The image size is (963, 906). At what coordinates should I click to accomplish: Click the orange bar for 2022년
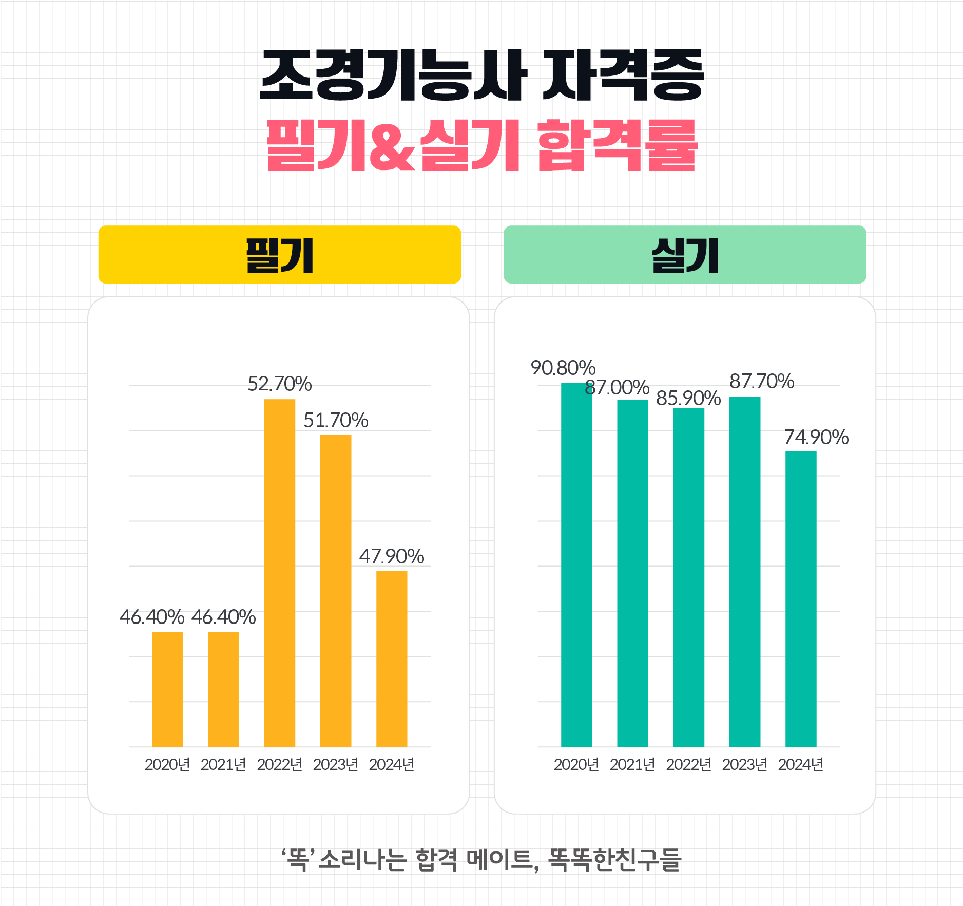(x=280, y=573)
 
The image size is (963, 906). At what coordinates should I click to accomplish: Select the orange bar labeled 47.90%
(x=392, y=658)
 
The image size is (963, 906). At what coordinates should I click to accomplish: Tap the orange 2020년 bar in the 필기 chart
(x=167, y=689)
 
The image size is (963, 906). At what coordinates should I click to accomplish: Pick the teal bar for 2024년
(x=801, y=599)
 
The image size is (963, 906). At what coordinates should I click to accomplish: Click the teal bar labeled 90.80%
(x=576, y=565)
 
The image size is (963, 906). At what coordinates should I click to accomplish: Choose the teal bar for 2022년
(x=689, y=577)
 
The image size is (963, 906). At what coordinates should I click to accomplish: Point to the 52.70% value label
(x=280, y=384)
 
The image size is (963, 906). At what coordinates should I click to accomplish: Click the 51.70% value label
(x=336, y=421)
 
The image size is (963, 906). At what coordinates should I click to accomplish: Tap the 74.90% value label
(x=816, y=438)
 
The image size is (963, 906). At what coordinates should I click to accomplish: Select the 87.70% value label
(x=762, y=382)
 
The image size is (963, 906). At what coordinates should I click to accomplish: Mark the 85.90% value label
(x=688, y=399)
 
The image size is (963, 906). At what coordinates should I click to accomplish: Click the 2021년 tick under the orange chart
(x=223, y=765)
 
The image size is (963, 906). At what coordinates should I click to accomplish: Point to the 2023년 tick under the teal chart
(x=745, y=765)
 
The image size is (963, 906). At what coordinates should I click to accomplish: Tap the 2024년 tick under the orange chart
(x=392, y=765)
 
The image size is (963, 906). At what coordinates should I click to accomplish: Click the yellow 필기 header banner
(x=280, y=255)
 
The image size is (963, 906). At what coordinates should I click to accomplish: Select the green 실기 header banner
(x=685, y=255)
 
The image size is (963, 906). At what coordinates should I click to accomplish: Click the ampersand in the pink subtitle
(x=392, y=146)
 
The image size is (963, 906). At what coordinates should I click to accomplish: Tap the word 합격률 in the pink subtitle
(x=617, y=146)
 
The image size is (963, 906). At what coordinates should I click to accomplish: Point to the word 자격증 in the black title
(x=623, y=75)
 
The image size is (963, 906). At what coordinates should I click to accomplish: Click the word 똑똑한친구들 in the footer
(x=614, y=860)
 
